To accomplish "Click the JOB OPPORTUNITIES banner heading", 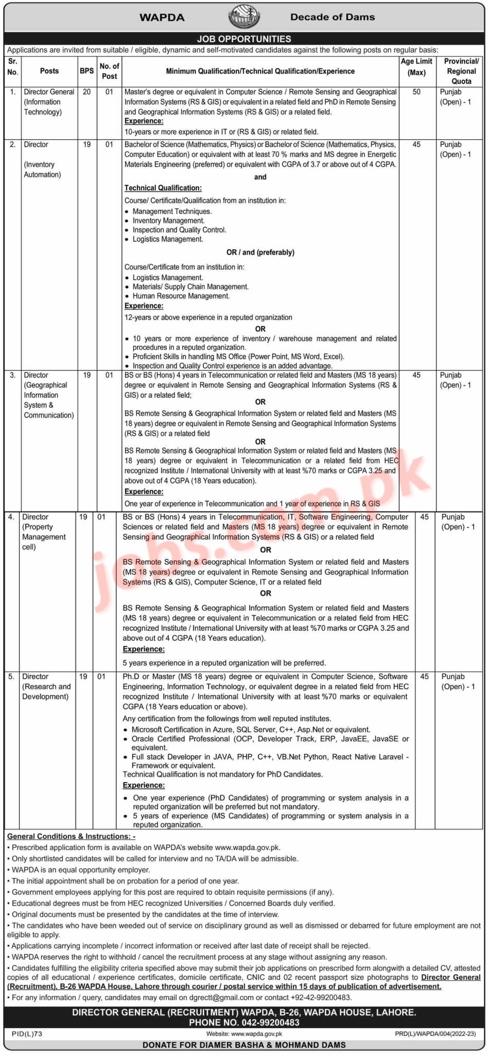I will [244, 39].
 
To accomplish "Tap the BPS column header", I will [86, 71].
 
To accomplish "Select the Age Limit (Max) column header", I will [416, 67].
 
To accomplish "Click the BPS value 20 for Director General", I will [86, 92].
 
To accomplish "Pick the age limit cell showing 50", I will [416, 92].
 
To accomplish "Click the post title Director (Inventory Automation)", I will [42, 160].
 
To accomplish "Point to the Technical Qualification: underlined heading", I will [163, 188].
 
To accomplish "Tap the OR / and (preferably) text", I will [260, 253].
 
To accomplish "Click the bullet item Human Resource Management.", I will [181, 296].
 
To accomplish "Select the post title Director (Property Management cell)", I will [44, 532].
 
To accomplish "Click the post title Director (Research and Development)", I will [46, 686].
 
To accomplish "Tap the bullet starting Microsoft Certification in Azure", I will [251, 730].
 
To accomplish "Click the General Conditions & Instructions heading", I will [72, 836].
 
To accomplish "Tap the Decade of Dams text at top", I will [333, 17].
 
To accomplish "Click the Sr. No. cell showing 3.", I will [12, 376].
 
